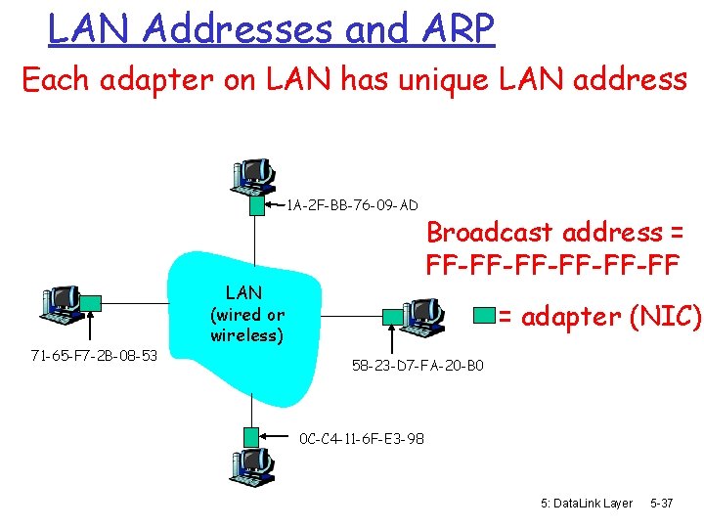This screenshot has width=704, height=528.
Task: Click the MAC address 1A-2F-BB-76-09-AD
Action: tap(352, 205)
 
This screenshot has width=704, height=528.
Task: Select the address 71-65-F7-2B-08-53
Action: tap(94, 354)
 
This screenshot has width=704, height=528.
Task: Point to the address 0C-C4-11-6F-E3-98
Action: tap(362, 439)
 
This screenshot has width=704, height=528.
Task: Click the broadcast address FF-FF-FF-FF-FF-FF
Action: tap(552, 265)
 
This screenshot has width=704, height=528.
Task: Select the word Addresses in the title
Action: tap(238, 29)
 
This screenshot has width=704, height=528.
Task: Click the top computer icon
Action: tap(251, 175)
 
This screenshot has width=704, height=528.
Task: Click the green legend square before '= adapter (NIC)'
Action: tap(484, 315)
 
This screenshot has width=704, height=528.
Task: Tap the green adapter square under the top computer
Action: tap(256, 206)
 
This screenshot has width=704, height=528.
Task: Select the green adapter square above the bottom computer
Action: tap(252, 437)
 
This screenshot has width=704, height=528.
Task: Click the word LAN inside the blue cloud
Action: tap(243, 292)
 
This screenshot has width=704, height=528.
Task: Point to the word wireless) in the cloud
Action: tap(247, 336)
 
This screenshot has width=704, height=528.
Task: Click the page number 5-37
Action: tap(661, 503)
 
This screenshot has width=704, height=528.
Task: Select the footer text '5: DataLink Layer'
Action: tap(587, 503)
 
